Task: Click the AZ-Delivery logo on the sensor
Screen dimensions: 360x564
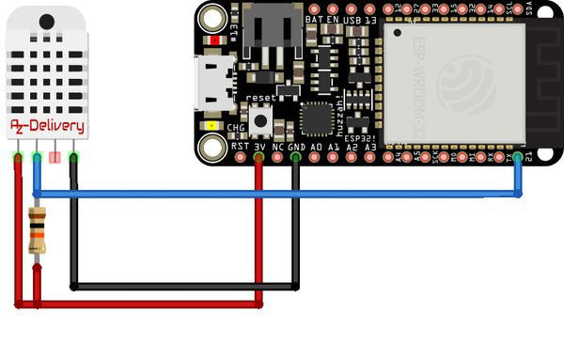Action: [47, 127]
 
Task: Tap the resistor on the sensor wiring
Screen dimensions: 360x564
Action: [37, 231]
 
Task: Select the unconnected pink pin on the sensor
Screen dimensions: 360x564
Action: [55, 157]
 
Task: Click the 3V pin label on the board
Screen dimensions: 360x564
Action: [259, 147]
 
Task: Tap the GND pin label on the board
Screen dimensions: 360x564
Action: [295, 147]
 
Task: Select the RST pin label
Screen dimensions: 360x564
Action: [241, 147]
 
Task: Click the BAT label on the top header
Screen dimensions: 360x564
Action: [314, 19]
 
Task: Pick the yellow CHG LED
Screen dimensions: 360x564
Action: [213, 126]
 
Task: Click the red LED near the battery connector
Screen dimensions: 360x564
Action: [216, 39]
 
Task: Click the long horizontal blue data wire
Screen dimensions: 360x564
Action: [282, 194]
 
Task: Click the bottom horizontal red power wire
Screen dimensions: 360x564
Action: [141, 304]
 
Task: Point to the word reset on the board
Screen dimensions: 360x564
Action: [259, 98]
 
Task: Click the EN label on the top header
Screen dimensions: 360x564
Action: [333, 19]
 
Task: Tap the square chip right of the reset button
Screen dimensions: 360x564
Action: [316, 118]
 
